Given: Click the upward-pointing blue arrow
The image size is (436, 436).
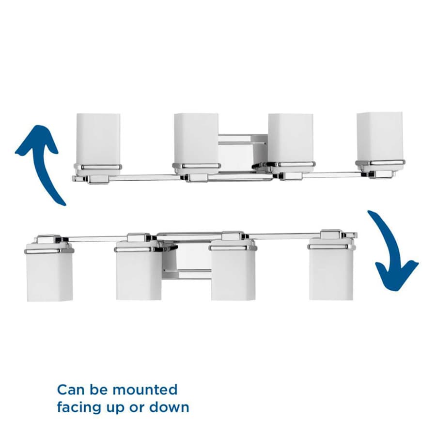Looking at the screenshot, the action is click(42, 164).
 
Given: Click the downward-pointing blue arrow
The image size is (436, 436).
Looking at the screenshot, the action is click(389, 250).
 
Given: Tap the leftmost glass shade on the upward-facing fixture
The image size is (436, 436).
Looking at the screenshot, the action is click(98, 140).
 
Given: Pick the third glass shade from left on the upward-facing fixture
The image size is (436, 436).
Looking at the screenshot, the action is click(291, 140).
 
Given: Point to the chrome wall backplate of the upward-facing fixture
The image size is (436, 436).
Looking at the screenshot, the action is click(243, 152).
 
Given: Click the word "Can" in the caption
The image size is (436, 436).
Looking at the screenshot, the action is click(71, 390).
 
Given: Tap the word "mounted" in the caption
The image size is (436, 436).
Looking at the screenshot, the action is click(147, 390).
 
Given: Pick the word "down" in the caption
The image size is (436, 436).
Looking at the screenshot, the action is click(169, 407).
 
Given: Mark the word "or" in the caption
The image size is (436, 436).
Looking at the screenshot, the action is click(136, 408).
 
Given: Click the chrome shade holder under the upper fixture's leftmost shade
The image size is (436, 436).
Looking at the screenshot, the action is click(98, 167).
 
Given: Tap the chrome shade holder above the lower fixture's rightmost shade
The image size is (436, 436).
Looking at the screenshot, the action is click(331, 247).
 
